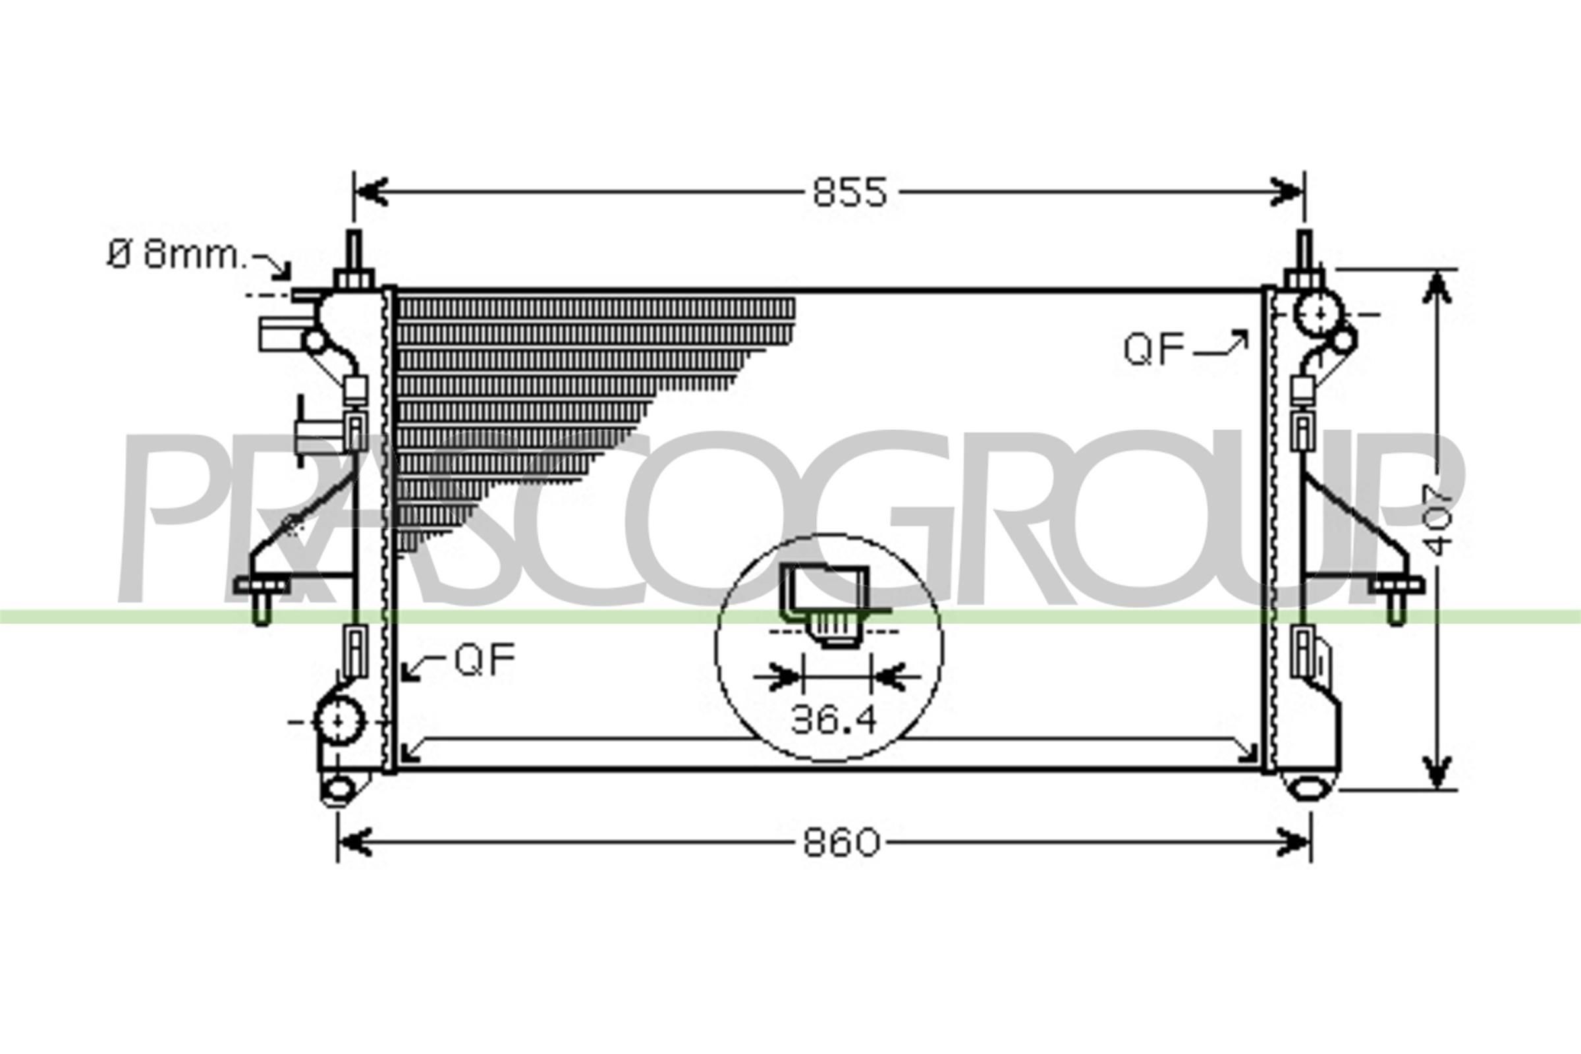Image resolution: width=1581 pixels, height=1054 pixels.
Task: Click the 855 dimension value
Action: tap(850, 193)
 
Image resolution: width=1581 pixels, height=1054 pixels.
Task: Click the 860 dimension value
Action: tap(841, 843)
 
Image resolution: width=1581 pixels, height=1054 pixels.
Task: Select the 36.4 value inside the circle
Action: tap(833, 720)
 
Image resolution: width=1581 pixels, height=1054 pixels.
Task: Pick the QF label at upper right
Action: tap(1153, 350)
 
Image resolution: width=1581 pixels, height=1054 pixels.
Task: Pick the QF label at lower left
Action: tap(485, 659)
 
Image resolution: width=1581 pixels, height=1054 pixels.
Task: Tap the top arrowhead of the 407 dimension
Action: tap(1437, 291)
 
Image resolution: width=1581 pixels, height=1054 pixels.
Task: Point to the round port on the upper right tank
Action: tap(1319, 314)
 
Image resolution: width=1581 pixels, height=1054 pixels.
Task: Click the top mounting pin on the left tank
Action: tap(354, 252)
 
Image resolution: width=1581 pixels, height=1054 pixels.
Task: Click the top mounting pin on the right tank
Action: tap(1304, 252)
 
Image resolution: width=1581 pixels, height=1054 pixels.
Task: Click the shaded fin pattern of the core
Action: tap(538, 390)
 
